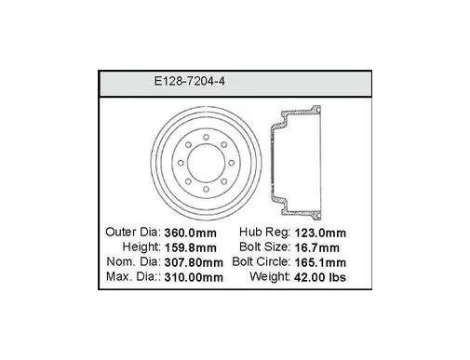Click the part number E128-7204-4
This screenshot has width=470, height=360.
[x=189, y=82]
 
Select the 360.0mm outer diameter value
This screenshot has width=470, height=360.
[x=190, y=233]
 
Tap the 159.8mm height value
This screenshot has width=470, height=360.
[x=190, y=247]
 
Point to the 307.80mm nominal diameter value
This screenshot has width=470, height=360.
[x=194, y=262]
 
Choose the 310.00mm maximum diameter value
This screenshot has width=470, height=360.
[x=194, y=277]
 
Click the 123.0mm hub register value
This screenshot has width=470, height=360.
[x=320, y=233]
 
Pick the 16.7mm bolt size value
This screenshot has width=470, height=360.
[x=316, y=247]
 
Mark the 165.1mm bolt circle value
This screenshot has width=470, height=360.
[x=320, y=262]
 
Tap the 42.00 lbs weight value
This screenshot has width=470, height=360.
[x=320, y=277]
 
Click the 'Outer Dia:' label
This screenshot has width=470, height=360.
[x=133, y=232]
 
